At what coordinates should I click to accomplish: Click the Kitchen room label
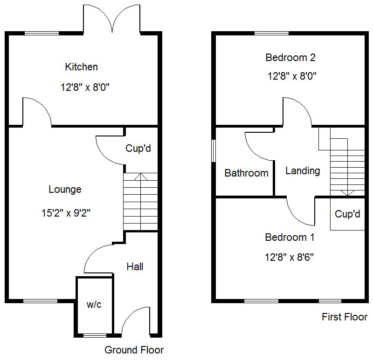click(81, 67)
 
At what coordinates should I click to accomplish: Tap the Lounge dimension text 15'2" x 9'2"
click(65, 214)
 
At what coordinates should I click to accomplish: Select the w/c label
click(94, 305)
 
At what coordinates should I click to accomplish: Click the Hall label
click(135, 266)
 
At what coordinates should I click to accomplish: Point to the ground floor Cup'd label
click(138, 149)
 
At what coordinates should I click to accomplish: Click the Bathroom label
click(246, 173)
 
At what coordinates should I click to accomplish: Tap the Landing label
click(303, 171)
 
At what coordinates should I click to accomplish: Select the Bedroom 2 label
click(290, 58)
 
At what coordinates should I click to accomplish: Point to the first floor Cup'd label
click(348, 214)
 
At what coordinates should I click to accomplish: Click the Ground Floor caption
click(134, 350)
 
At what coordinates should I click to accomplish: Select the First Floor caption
click(345, 317)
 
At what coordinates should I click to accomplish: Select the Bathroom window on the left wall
click(213, 150)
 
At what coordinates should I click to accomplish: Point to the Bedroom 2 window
click(271, 33)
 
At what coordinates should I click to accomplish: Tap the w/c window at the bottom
click(94, 335)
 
